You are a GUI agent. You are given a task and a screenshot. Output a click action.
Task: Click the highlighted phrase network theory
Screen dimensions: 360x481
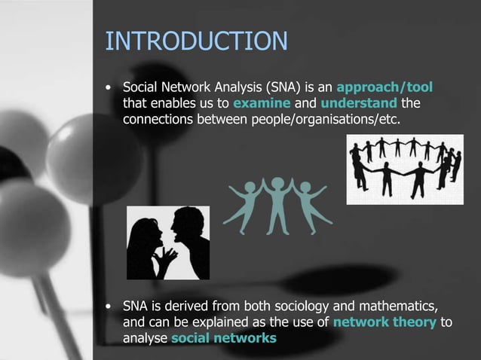(384, 322)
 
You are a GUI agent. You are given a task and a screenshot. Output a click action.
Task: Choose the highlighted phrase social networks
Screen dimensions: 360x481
(223, 338)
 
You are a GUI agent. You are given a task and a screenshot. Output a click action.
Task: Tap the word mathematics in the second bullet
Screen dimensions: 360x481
(394, 306)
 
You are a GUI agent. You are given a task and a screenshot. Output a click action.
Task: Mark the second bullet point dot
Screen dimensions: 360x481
(110, 307)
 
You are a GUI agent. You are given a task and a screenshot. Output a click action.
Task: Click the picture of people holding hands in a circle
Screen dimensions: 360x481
(405, 169)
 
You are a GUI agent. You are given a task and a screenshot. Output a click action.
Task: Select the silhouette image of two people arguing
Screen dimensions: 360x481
(167, 243)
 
